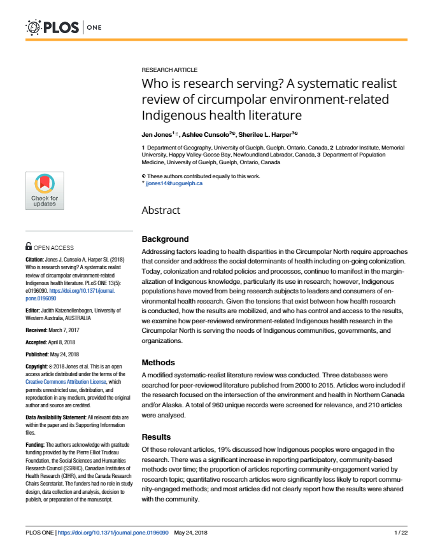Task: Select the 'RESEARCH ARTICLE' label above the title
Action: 169,70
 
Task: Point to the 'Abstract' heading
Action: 160,210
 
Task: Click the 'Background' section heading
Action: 165,239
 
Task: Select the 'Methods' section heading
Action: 158,362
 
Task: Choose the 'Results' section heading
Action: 156,437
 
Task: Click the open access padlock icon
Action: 29,247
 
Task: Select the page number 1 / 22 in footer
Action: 401,533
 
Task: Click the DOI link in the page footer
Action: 113,533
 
